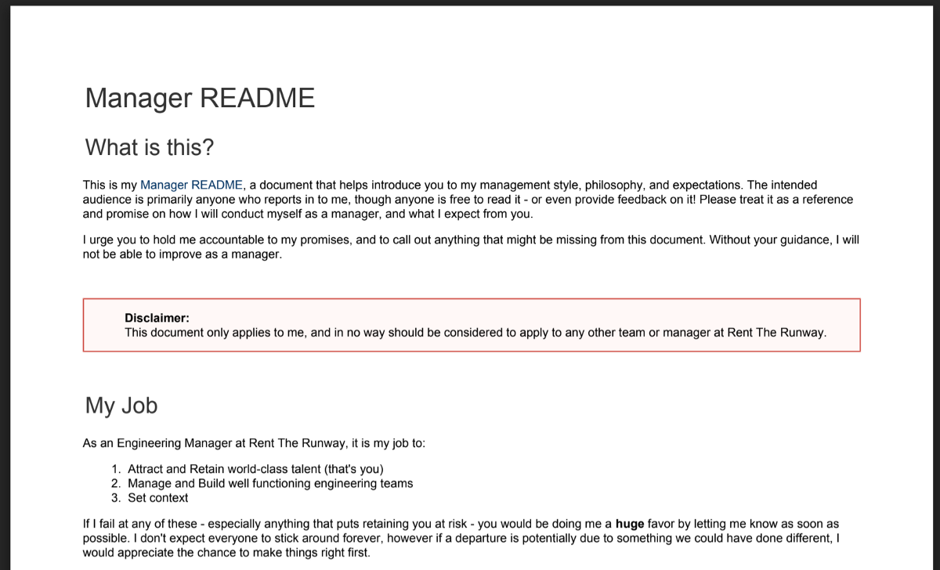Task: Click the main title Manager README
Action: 200,99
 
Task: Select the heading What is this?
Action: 150,147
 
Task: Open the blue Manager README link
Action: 192,186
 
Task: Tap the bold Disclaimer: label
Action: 157,318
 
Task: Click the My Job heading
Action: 121,406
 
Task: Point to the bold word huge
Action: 630,524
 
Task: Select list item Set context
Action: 158,498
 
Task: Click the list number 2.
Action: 115,484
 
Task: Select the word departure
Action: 584,539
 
